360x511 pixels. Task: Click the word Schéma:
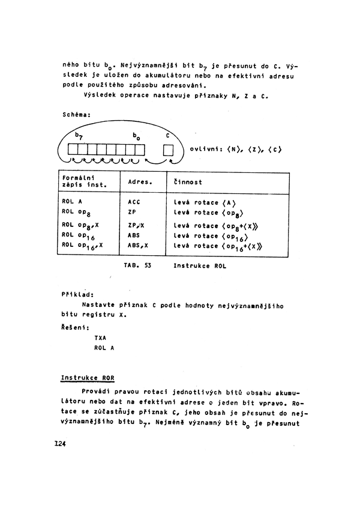tap(76, 114)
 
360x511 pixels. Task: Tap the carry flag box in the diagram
tap(169, 149)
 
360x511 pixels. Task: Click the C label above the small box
tap(168, 136)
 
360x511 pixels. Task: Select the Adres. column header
tap(140, 181)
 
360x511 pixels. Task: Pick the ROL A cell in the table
tap(72, 202)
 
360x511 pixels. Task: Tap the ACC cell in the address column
tap(134, 202)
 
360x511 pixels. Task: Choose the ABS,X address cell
tap(138, 245)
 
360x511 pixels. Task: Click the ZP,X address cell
tap(137, 225)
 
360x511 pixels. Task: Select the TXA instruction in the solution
tap(100, 337)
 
